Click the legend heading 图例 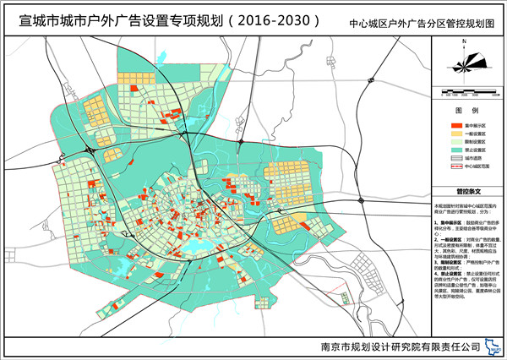click(x=467, y=111)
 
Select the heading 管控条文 click(x=467, y=191)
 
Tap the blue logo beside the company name click(x=488, y=346)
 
